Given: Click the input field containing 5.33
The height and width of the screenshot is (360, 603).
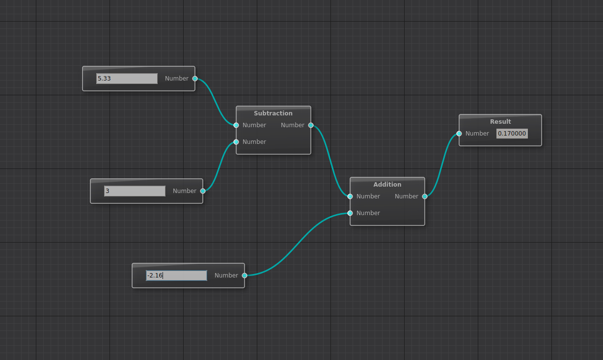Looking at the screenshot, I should (x=127, y=79).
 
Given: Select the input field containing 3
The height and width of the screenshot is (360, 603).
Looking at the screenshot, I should (x=135, y=191).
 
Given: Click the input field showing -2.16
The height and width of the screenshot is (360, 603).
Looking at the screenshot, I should (x=176, y=276).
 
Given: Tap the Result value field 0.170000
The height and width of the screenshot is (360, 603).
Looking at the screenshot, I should (x=512, y=134).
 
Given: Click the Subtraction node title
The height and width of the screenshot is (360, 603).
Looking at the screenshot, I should (x=273, y=113).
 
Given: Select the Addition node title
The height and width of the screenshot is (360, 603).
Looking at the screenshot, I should (x=387, y=185).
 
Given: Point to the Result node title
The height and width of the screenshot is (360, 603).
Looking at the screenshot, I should (x=500, y=122).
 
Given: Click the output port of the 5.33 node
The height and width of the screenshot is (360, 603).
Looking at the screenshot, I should (x=195, y=79).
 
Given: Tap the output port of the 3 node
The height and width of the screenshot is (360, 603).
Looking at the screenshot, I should (x=203, y=191).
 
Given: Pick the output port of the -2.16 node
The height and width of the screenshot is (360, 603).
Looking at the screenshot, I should (x=245, y=276).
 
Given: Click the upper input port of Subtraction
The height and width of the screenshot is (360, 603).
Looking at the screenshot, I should (x=236, y=125).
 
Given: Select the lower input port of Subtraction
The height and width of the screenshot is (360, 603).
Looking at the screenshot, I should (x=236, y=142).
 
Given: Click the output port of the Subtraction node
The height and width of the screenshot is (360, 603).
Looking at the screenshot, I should (x=311, y=125).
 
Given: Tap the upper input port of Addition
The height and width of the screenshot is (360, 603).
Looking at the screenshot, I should (x=350, y=196).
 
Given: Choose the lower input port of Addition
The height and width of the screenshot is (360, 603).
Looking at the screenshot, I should (x=350, y=213).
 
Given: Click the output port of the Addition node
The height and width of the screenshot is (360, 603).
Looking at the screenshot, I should (x=425, y=196).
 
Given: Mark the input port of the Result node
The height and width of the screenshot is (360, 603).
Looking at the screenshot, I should (x=459, y=134).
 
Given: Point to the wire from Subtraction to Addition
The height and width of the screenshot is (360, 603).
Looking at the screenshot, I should (x=330, y=161).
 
